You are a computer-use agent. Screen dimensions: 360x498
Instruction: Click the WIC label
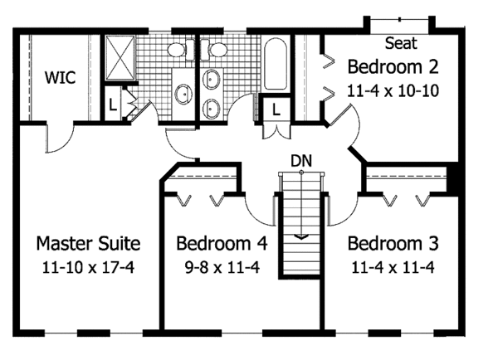(x=60, y=79)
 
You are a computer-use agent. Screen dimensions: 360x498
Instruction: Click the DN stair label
(x=301, y=158)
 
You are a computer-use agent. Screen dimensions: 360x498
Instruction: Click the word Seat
(x=402, y=42)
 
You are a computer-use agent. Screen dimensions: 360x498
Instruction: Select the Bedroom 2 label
(x=393, y=66)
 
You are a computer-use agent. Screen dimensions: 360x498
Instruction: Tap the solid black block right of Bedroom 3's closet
(x=453, y=176)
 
